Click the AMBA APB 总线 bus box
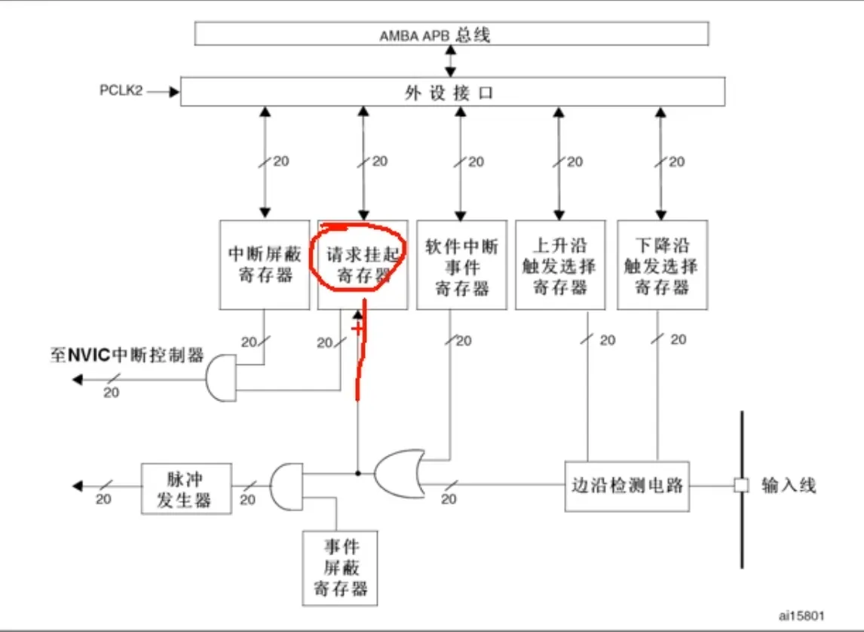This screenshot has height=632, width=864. (x=452, y=34)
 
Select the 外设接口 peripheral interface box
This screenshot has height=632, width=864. (x=452, y=91)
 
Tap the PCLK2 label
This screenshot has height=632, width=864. (x=121, y=91)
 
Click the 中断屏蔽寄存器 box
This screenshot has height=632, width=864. (x=265, y=265)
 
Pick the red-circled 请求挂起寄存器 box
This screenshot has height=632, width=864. (x=363, y=265)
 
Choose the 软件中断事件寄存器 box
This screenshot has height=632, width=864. (x=461, y=265)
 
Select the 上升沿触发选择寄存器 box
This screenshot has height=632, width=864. (x=560, y=265)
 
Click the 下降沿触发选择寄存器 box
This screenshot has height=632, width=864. (x=662, y=265)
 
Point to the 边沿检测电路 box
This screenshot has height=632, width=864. (x=627, y=486)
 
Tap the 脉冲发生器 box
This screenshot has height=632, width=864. (x=186, y=489)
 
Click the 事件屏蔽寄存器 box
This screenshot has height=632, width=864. (x=340, y=568)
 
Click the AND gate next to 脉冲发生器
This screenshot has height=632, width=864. (x=286, y=486)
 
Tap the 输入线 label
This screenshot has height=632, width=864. (x=789, y=486)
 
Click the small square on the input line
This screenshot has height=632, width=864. (x=742, y=486)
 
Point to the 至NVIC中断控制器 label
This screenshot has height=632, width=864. (x=127, y=355)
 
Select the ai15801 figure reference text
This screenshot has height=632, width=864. (x=801, y=615)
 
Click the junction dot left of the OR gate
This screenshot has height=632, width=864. (x=357, y=474)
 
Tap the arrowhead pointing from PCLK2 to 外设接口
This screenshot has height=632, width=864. (x=174, y=91)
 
